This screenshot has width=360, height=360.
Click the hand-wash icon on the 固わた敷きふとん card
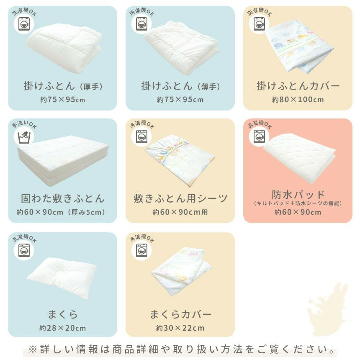tap(24, 136)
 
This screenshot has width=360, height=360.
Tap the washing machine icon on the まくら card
tap(24, 250)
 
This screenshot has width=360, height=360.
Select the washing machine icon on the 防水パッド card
tap(259, 136)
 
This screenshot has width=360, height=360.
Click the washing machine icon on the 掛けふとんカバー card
tap(259, 24)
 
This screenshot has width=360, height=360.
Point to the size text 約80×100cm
tap(298, 99)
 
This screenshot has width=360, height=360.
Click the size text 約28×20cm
tap(62, 328)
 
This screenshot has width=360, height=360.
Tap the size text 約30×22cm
tap(180, 328)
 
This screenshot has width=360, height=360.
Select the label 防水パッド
tap(298, 195)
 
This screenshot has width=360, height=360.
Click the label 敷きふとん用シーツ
tap(180, 198)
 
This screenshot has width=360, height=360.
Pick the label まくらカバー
tap(180, 314)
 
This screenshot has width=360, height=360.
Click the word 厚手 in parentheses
tap(91, 87)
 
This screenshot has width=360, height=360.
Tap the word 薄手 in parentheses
tap(209, 87)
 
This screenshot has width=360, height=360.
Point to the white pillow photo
tap(62, 278)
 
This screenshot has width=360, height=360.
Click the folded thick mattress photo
tap(63, 160)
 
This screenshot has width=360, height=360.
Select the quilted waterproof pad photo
tap(299, 158)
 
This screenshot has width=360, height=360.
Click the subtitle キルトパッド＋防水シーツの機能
tap(298, 203)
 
